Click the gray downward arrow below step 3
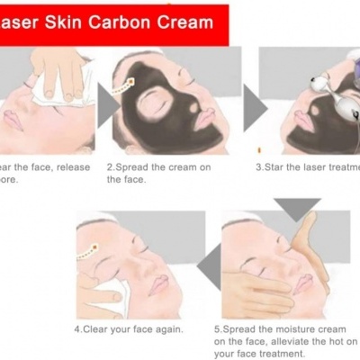pyautogui.click(x=297, y=208)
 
